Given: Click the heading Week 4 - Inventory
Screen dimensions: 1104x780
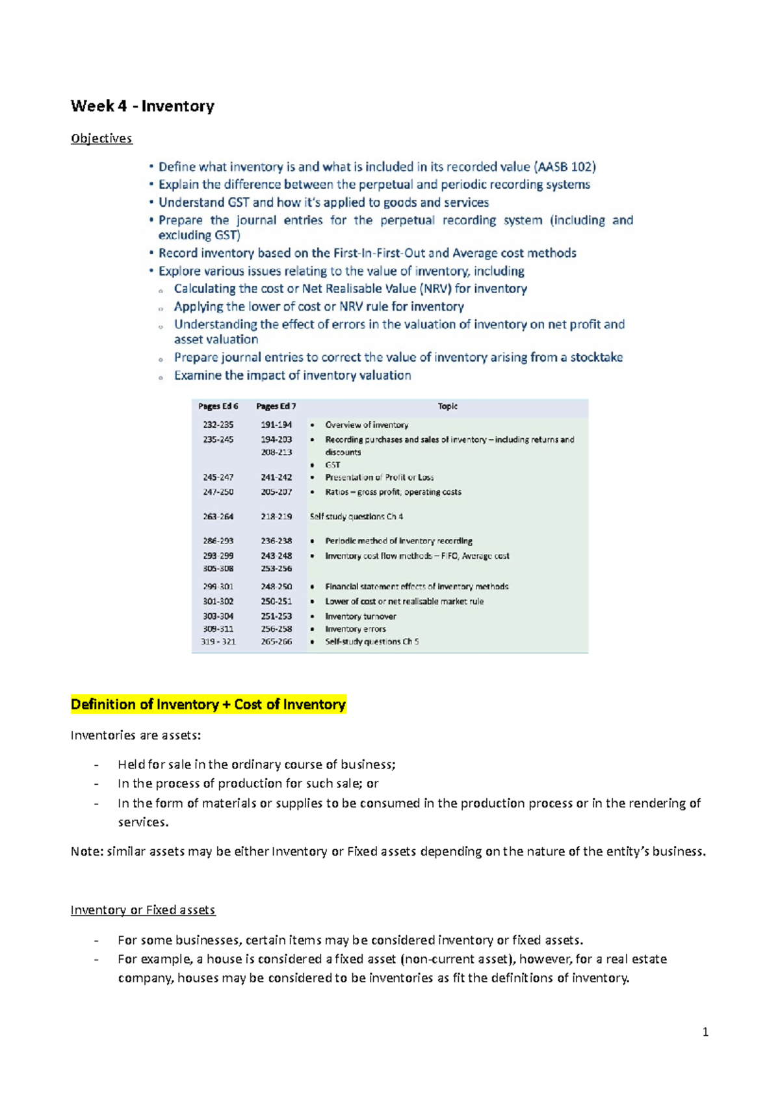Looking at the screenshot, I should pyautogui.click(x=142, y=106).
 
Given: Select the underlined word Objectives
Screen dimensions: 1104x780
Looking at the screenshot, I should pyautogui.click(x=101, y=138).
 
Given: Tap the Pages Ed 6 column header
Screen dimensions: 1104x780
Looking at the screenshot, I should pyautogui.click(x=218, y=406).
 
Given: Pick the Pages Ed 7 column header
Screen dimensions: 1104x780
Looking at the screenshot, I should pyautogui.click(x=276, y=406).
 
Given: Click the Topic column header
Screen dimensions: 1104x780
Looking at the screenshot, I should pyautogui.click(x=447, y=406).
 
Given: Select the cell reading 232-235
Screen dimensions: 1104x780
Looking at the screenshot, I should pyautogui.click(x=218, y=425).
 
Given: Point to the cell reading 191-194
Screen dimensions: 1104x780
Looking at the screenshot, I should pyautogui.click(x=276, y=425).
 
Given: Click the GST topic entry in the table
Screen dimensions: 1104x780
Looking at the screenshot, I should pyautogui.click(x=332, y=465).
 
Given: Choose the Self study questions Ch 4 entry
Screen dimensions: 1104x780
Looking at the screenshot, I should pyautogui.click(x=356, y=516).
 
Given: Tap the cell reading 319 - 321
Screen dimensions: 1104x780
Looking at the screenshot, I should pyautogui.click(x=218, y=642).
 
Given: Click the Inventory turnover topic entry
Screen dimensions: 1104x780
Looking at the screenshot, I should pyautogui.click(x=360, y=616).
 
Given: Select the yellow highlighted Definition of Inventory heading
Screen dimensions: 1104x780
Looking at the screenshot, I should pyautogui.click(x=208, y=704).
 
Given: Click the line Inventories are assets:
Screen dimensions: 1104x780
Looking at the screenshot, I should pyautogui.click(x=136, y=735).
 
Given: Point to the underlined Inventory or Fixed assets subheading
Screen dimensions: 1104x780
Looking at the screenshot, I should pyautogui.click(x=142, y=910).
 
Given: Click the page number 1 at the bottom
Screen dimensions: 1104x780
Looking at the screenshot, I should pyautogui.click(x=705, y=1032).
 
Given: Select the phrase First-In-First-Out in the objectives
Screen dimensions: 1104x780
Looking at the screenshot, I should pyautogui.click(x=378, y=253).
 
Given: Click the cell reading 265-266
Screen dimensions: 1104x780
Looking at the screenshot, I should pyautogui.click(x=276, y=642).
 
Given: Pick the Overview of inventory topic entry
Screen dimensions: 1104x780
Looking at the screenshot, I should pyautogui.click(x=367, y=425).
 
